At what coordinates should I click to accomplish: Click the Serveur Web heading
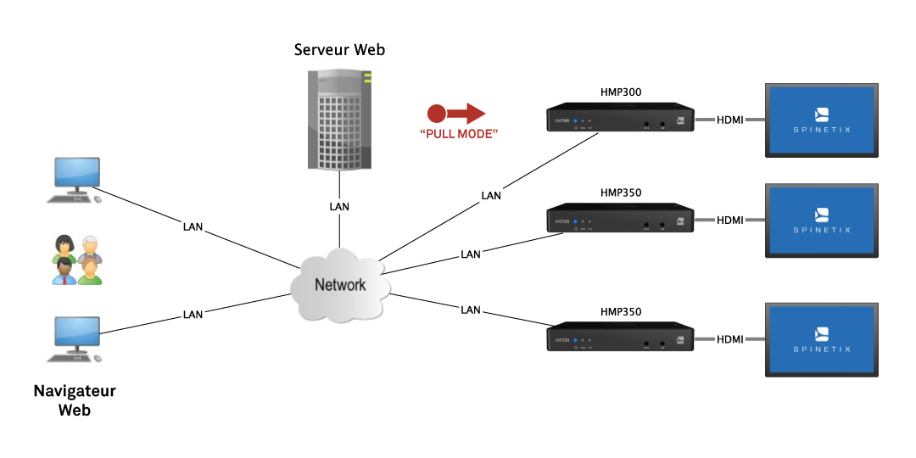339,50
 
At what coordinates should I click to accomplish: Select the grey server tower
339,119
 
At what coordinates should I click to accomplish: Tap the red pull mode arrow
456,113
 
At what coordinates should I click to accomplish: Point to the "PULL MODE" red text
459,134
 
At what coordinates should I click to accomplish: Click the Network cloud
339,285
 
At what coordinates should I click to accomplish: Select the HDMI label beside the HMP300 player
729,120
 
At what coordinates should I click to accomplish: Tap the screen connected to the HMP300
821,120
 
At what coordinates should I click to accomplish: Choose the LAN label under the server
339,206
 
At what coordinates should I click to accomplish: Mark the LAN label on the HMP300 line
491,196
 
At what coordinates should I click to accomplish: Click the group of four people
77,259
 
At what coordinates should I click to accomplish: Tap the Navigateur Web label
75,400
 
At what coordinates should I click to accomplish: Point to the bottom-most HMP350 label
620,311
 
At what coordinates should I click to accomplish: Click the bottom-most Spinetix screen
821,339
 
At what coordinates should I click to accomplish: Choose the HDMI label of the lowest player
729,339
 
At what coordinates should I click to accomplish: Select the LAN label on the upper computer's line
193,226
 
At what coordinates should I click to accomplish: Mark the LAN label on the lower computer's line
193,315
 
